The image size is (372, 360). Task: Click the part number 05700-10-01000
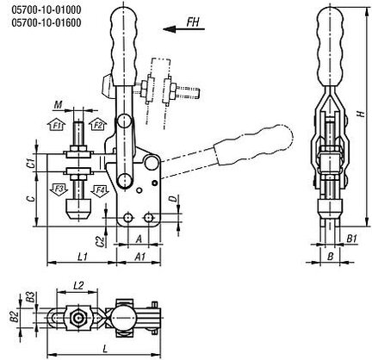click(x=46, y=10)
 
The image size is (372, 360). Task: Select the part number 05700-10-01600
click(x=46, y=22)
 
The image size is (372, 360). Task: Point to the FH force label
click(x=193, y=22)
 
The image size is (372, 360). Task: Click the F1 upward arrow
click(x=58, y=124)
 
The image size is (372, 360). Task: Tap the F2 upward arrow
click(x=97, y=124)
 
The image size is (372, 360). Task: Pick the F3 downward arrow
click(x=59, y=189)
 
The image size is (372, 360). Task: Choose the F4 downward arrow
click(x=100, y=191)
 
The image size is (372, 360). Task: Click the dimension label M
click(x=59, y=105)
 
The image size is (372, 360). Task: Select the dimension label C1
click(x=33, y=163)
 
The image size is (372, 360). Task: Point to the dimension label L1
click(x=83, y=257)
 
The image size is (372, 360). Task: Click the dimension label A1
click(x=140, y=257)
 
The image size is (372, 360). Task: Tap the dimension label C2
click(x=100, y=241)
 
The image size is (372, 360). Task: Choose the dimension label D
click(x=173, y=199)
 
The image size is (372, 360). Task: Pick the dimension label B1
click(x=351, y=239)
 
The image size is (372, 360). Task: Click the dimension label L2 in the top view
click(x=78, y=286)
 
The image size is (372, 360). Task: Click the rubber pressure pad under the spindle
click(x=78, y=209)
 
